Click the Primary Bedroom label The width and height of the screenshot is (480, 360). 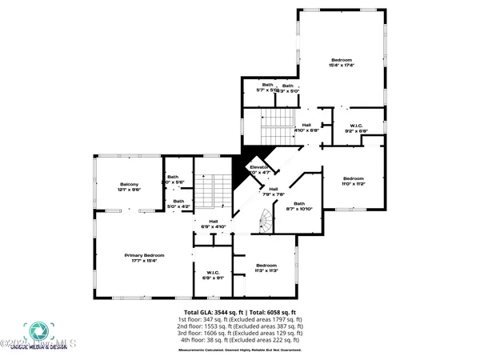click(139, 256)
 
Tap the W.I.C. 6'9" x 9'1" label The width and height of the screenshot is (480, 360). click(214, 274)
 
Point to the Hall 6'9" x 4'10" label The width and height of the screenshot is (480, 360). click(214, 223)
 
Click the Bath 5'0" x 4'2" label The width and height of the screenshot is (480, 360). click(179, 203)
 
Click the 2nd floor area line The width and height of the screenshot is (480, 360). click(240, 326)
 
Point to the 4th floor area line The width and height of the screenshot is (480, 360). click(240, 341)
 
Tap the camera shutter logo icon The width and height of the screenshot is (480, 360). click(35, 331)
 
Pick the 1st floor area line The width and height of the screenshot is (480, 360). click(240, 319)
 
